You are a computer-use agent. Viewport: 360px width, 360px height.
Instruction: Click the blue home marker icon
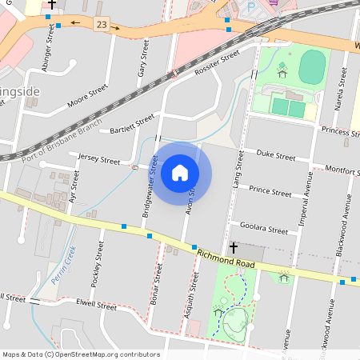[x=180, y=173]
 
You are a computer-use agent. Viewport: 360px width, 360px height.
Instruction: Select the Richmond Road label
[x=226, y=258]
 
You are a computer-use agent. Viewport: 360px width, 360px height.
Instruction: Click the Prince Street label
[x=270, y=191]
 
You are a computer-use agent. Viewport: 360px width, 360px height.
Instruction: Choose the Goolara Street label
[x=267, y=230]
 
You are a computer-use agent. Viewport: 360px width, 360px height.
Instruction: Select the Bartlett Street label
[x=131, y=123]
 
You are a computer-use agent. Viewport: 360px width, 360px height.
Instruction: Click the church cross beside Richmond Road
[x=234, y=248]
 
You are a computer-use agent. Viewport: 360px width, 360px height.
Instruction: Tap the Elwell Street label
[x=96, y=305]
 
